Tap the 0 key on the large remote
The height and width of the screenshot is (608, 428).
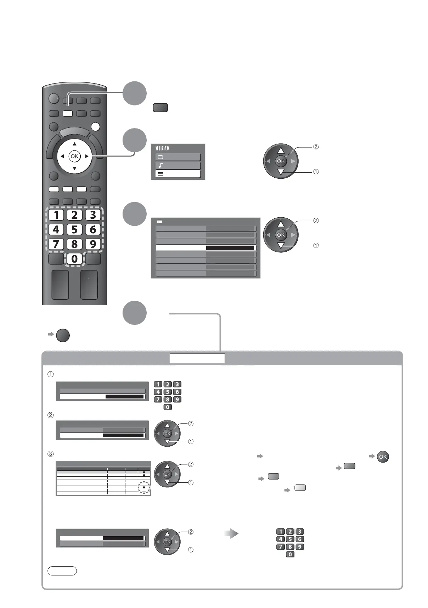pos(74,259)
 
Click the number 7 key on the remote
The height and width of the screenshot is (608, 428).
pos(56,244)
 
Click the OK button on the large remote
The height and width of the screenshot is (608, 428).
pos(74,156)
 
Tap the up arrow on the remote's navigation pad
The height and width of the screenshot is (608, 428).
pos(74,144)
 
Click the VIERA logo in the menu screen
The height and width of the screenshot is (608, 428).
pos(163,149)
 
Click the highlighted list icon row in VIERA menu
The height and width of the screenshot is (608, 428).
pos(178,174)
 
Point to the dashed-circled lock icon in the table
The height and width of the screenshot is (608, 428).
pos(144,487)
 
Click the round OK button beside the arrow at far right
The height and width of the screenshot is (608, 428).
pos(383,457)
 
